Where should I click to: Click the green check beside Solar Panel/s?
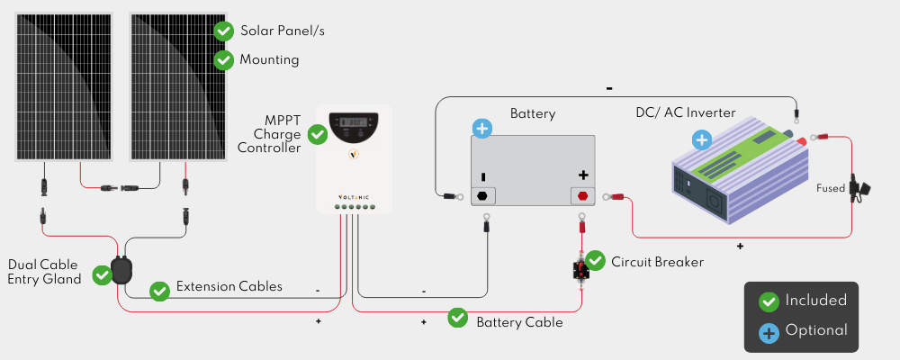point(224,31)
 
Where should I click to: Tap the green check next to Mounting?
point(224,59)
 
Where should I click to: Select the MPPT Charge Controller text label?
point(270,134)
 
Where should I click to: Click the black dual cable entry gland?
point(121,270)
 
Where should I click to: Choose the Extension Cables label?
point(229,286)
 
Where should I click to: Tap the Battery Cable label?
point(519,322)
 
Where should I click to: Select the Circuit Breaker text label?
point(657,262)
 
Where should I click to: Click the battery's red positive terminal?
point(582,196)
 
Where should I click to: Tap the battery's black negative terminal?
point(482,196)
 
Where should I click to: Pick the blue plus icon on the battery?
point(482,129)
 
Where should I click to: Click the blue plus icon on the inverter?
point(701,139)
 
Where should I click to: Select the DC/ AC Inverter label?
point(685,112)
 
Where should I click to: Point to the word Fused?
point(831,188)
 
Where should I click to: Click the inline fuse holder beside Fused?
point(859,188)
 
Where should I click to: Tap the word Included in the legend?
point(815,301)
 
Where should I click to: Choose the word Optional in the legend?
point(815,330)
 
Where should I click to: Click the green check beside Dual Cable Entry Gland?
point(103,275)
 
